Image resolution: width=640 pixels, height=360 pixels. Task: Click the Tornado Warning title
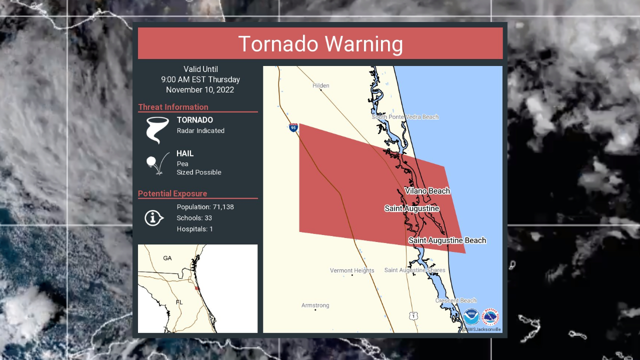(x=320, y=44)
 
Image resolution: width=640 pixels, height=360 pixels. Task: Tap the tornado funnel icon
(x=157, y=130)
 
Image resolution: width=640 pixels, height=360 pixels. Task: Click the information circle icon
(x=154, y=218)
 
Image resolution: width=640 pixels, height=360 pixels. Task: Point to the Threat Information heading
(x=173, y=107)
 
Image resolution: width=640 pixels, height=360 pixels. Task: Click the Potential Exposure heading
(x=172, y=193)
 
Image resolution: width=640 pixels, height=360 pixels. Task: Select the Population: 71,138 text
(x=205, y=207)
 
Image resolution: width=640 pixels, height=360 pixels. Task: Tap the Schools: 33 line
(x=194, y=218)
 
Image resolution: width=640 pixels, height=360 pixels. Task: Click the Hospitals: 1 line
(x=194, y=229)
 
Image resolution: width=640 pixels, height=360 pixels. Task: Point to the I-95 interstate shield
(x=293, y=128)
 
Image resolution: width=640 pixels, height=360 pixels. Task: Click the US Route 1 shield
(x=412, y=316)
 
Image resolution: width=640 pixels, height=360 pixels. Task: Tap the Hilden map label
(x=320, y=85)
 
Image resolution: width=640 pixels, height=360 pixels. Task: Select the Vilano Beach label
(x=427, y=191)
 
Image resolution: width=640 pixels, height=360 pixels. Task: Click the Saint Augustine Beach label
(x=447, y=240)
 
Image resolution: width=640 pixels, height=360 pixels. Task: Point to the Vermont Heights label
(x=352, y=270)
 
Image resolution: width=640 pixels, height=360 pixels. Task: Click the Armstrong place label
(x=315, y=305)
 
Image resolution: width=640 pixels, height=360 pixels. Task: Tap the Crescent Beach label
(x=455, y=300)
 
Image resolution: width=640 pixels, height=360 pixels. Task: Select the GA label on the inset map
(x=167, y=258)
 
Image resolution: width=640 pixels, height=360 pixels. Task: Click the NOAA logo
(x=471, y=317)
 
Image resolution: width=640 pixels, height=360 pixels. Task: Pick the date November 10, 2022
(x=200, y=90)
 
